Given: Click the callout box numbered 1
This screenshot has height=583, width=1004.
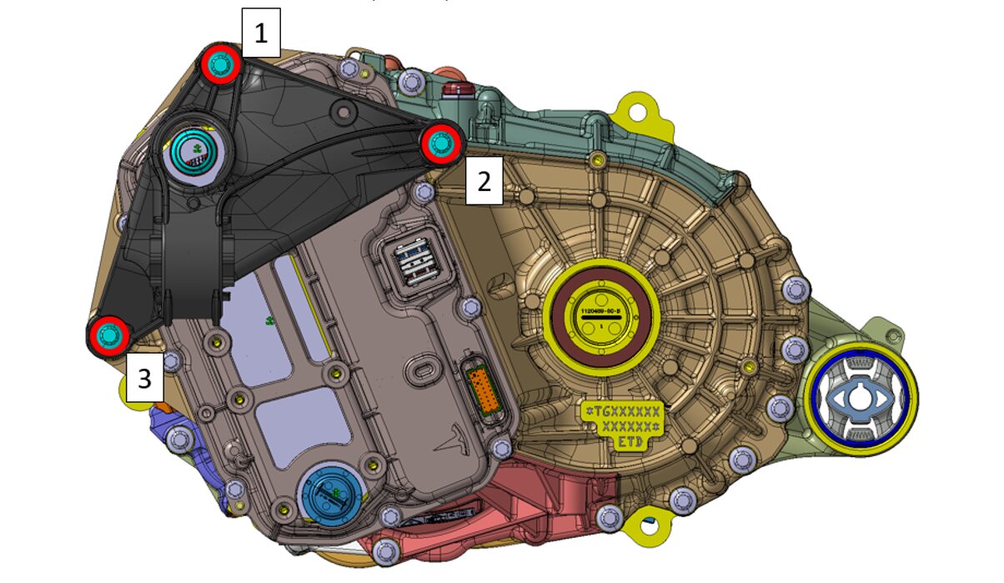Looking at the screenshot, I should click(261, 33).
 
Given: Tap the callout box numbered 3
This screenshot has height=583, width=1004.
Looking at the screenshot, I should click(145, 379).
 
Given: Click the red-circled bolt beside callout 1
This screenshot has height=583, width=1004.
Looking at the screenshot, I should click(220, 63).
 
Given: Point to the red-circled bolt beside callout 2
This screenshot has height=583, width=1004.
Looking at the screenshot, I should click(440, 143).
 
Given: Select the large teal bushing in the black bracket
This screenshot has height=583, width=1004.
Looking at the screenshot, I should click(195, 151).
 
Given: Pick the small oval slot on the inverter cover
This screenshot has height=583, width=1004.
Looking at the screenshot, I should click(420, 368).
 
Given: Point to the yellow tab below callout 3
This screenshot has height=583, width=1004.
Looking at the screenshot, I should click(133, 390).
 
